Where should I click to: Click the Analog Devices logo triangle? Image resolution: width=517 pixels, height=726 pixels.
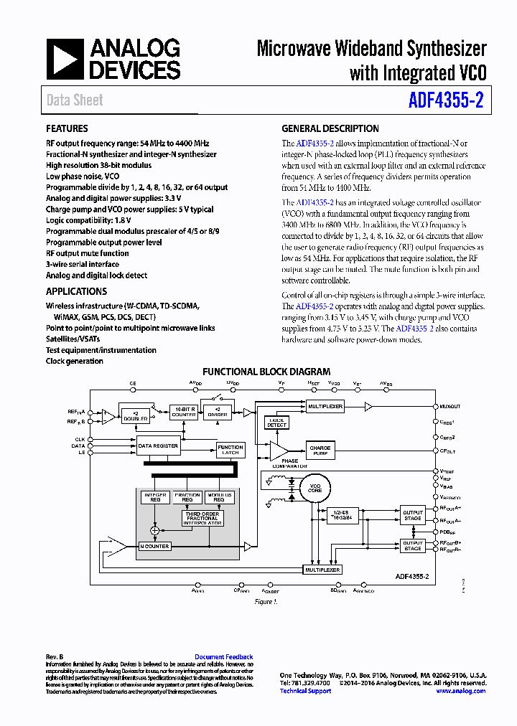(66, 59)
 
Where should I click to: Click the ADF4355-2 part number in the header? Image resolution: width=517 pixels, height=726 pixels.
(445, 100)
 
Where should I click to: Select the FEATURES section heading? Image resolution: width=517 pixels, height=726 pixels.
(67, 128)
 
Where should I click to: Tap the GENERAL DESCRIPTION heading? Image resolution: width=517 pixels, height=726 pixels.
(330, 128)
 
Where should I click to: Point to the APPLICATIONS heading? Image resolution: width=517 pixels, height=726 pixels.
(76, 291)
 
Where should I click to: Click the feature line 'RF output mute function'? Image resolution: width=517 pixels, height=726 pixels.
(88, 253)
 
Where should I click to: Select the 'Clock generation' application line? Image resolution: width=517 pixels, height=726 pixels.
(75, 361)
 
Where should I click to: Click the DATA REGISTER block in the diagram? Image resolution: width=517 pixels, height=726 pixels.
(159, 445)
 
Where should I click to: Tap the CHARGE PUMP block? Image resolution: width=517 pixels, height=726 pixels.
(320, 450)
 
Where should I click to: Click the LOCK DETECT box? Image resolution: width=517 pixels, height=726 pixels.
(276, 423)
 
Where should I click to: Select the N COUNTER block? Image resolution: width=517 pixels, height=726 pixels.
(154, 547)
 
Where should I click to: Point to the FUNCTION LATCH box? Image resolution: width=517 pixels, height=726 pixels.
(230, 450)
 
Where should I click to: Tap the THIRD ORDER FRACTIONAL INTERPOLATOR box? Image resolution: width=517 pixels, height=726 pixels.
(202, 518)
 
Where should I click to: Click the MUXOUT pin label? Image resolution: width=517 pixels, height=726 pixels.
(450, 406)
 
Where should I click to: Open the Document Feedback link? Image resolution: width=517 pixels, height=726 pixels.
(223, 656)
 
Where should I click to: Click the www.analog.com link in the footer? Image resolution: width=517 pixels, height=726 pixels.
(460, 691)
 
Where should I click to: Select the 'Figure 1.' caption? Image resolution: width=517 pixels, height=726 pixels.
(266, 602)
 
